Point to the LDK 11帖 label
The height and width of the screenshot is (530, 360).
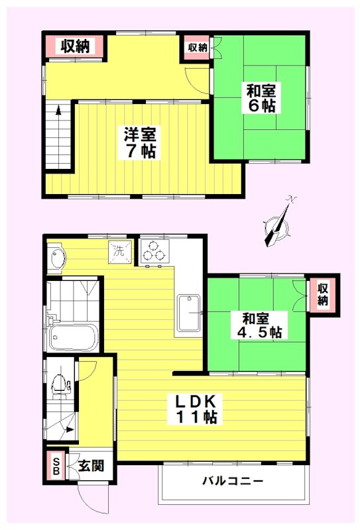196,409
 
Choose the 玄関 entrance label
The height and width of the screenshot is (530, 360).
91,466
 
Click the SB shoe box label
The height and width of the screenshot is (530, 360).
56,466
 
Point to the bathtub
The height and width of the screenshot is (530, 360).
73,338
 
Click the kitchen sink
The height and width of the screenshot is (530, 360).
190,313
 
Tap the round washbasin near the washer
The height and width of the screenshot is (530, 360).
56,258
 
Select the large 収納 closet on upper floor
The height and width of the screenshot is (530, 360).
75,46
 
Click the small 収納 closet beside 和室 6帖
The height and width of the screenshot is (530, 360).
197,48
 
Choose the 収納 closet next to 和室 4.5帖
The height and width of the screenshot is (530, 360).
322,294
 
